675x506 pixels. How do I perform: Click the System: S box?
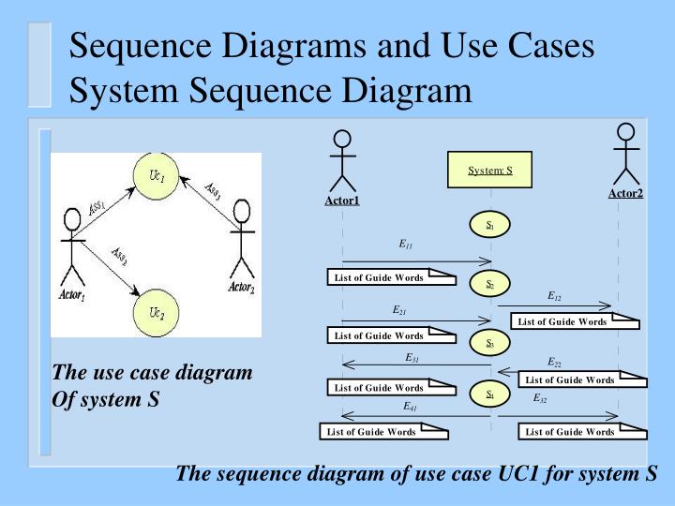489,171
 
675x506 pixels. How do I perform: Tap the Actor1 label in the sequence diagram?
342,200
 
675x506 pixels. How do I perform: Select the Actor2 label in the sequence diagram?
625,193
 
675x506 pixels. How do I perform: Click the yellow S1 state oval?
489,226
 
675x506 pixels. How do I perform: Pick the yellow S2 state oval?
489,284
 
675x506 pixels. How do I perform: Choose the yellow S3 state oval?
489,344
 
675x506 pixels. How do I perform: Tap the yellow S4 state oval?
489,394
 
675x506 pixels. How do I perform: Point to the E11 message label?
406,246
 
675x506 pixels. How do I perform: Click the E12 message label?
554,296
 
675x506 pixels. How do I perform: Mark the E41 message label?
411,407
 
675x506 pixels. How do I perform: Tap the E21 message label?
399,308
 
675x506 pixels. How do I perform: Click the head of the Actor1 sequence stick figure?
343,140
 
